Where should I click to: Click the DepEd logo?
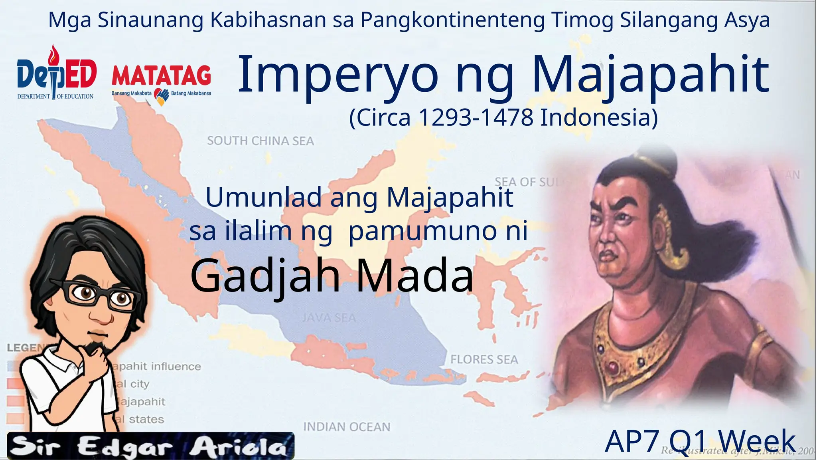(56, 74)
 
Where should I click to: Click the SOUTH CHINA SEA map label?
(260, 141)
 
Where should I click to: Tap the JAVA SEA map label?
(329, 318)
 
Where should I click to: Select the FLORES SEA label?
(484, 359)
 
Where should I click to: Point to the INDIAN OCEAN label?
(347, 427)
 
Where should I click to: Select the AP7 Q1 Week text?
(700, 442)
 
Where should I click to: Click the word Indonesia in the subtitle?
(599, 118)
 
